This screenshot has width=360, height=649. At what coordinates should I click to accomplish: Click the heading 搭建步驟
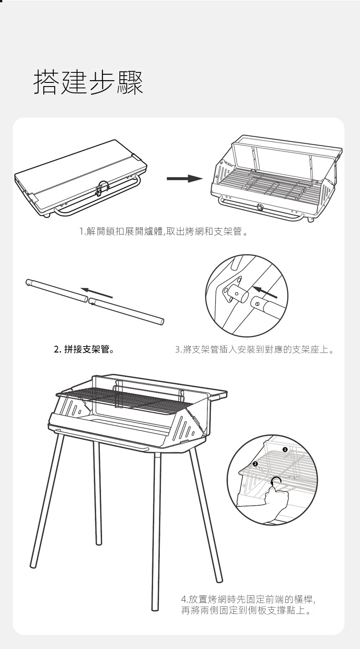[x=88, y=82]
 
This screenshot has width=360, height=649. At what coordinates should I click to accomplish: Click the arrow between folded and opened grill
[x=184, y=179]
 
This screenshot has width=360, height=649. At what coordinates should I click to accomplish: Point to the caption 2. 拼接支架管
[x=84, y=350]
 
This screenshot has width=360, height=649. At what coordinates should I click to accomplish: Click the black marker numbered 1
[x=285, y=450]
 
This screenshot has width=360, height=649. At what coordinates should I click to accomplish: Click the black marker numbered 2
[x=255, y=464]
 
